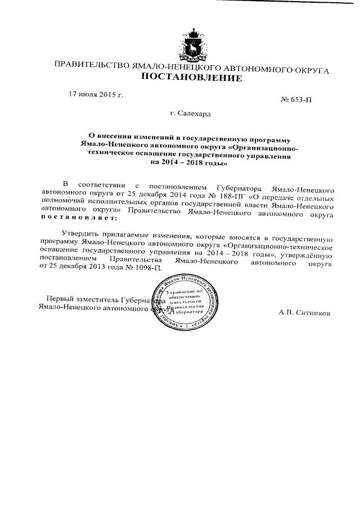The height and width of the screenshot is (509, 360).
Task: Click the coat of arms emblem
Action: pos(192,43)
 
